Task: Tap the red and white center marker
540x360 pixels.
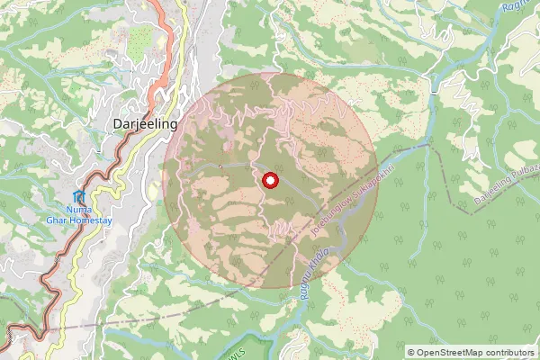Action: (x=269, y=182)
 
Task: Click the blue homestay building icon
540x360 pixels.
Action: (x=80, y=197)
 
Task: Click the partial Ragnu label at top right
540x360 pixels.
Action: (x=514, y=7)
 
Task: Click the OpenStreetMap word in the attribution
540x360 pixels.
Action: (x=450, y=352)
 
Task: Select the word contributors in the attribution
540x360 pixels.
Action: (x=509, y=352)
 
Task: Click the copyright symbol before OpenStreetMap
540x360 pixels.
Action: (x=411, y=352)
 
